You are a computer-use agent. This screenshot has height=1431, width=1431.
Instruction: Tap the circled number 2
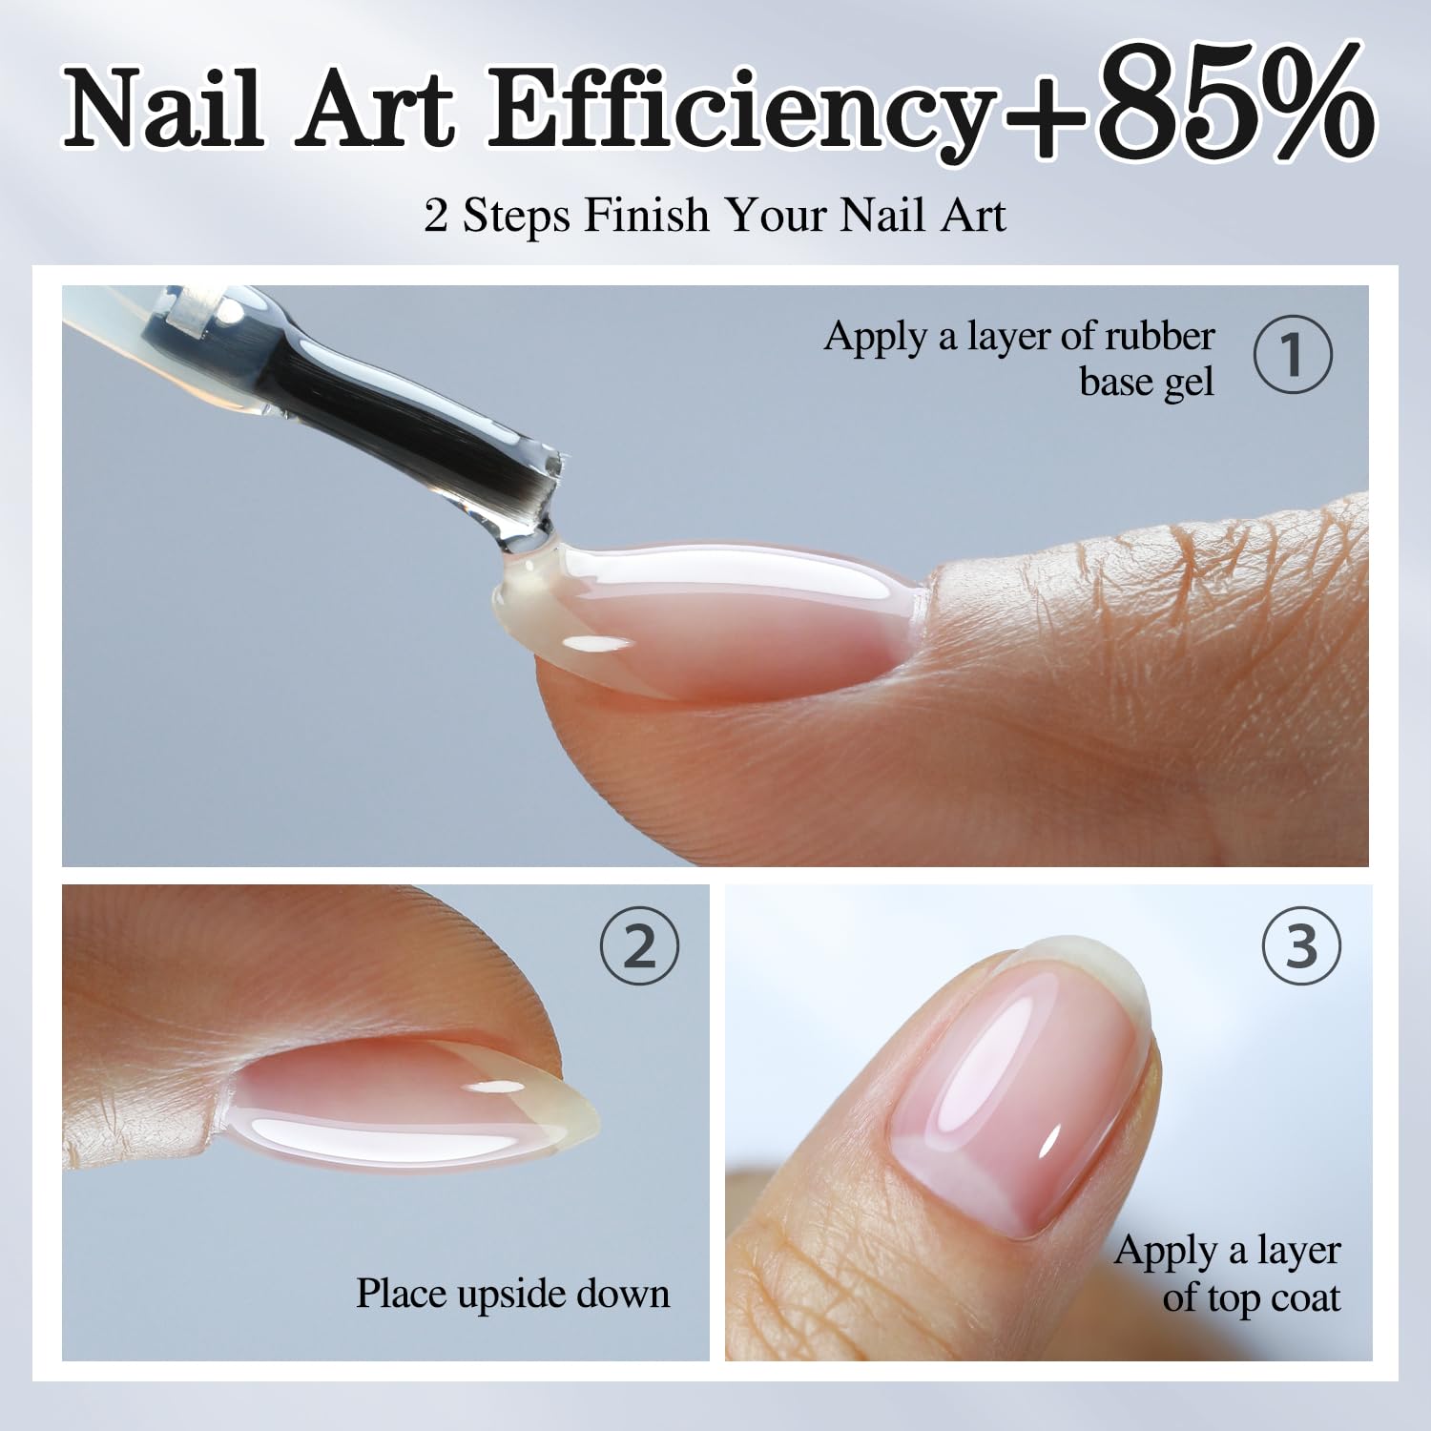point(639,946)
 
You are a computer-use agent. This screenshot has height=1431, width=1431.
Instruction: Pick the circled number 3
point(1301,946)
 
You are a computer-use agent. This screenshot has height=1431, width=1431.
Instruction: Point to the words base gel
point(1147,384)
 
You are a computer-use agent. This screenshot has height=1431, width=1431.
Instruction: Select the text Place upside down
point(513,1294)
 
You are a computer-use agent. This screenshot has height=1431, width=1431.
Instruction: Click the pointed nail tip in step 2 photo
point(590,1124)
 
